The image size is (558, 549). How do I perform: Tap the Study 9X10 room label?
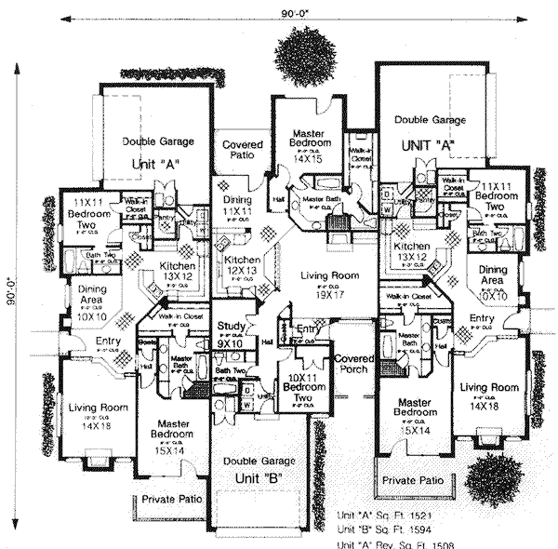coord(230,334)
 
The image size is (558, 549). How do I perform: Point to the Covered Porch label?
coord(355,362)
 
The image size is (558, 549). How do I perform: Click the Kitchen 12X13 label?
coord(242,265)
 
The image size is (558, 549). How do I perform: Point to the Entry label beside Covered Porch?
coord(308,329)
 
